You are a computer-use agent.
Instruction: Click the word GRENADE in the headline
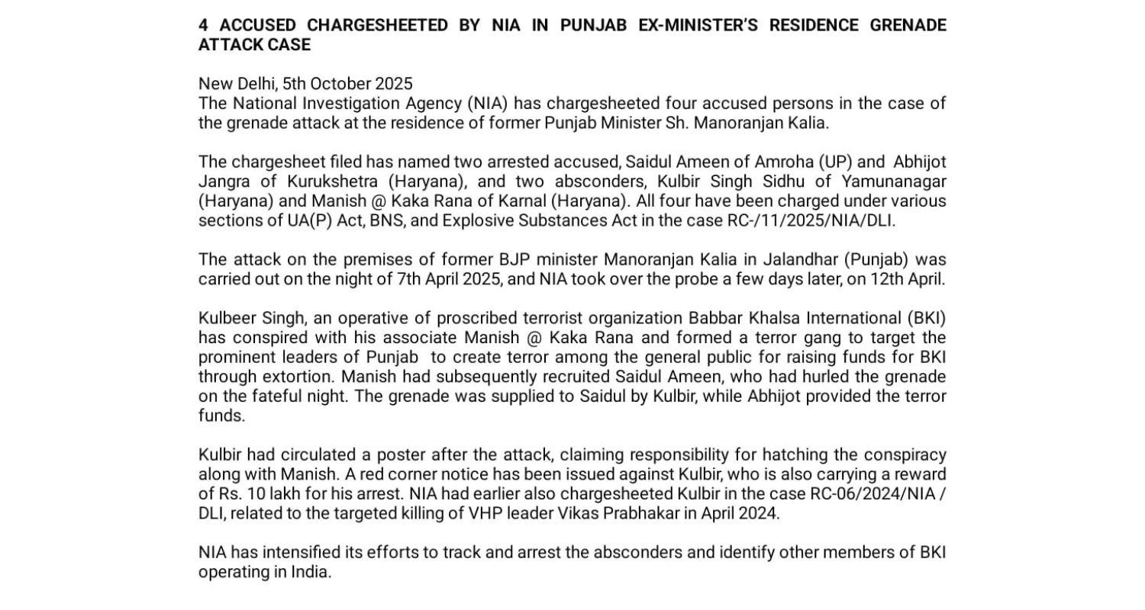pos(908,25)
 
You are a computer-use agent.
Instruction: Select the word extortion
pos(298,377)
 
